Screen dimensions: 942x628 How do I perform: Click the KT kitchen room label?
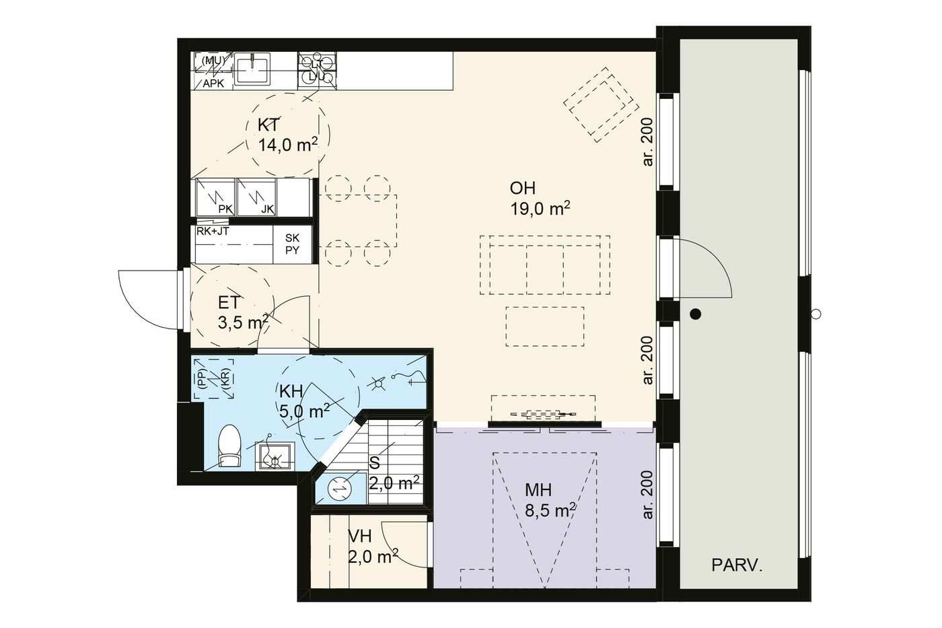coord(268,125)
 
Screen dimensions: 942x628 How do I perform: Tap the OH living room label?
coord(523,188)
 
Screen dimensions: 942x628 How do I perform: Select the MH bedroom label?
coord(538,490)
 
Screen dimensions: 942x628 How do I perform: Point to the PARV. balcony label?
coord(737,565)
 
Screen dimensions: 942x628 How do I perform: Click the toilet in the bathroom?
coord(229,446)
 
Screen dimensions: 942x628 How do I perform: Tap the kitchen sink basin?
coord(252,69)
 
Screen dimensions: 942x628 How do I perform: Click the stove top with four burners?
coord(317,70)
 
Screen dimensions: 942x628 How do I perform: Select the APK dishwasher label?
coord(213,83)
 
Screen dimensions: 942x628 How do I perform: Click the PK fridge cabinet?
coord(215,197)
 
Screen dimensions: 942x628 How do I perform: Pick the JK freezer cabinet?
coord(256,197)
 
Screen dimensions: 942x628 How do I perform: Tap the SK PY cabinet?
coord(292,244)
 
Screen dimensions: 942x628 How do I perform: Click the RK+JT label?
coord(213,230)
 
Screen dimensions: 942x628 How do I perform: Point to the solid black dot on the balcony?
coord(696,314)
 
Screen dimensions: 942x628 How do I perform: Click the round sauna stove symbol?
coord(340,489)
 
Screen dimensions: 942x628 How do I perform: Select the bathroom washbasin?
coord(275,456)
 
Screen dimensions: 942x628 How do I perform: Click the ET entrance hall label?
coord(229,303)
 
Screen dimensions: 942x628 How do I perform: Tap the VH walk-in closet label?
coord(360,536)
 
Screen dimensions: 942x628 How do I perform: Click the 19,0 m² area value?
coord(540,208)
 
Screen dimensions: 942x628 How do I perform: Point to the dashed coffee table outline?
coord(545,326)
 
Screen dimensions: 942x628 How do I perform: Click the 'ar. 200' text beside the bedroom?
coord(648,495)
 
